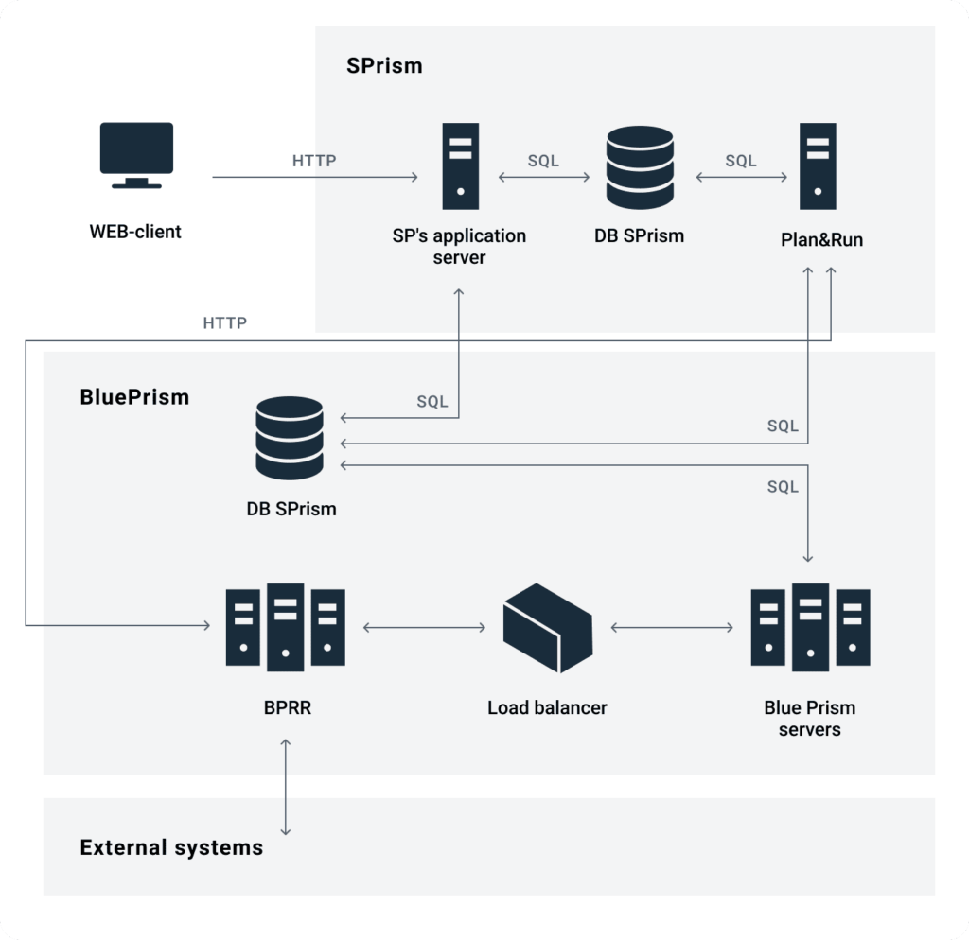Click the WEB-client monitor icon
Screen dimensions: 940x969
tap(136, 154)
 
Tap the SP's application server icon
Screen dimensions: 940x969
tap(459, 165)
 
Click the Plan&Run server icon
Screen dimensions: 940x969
tap(817, 165)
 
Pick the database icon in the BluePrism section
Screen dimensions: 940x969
tap(290, 438)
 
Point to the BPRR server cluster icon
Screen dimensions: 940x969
tap(285, 626)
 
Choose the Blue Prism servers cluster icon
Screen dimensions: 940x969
tap(809, 626)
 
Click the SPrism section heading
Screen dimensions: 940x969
tap(384, 66)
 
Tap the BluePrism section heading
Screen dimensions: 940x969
tap(134, 397)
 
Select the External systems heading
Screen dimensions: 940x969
tap(171, 847)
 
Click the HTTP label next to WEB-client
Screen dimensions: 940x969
tap(314, 161)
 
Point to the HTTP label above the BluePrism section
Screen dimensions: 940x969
tap(225, 323)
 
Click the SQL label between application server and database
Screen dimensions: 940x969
tap(543, 161)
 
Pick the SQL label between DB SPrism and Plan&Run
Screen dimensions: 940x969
tap(741, 161)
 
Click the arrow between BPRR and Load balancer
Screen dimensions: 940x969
tap(424, 626)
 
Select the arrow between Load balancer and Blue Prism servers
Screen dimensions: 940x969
tap(673, 626)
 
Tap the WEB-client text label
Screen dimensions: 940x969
tap(135, 231)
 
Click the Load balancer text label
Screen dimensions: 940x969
tap(547, 707)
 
